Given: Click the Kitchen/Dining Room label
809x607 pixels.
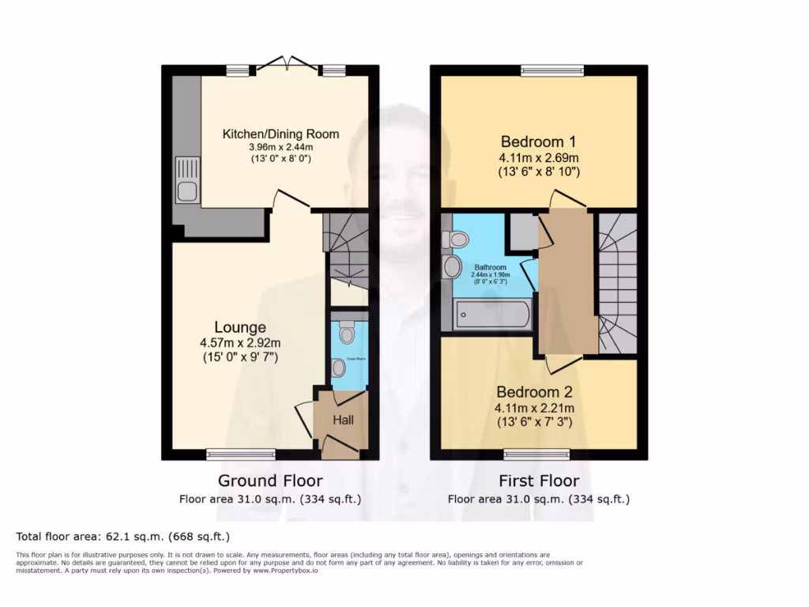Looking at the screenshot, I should coord(280,134).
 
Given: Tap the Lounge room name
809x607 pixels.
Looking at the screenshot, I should coord(240,327).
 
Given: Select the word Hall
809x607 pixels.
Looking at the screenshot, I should coord(342,420).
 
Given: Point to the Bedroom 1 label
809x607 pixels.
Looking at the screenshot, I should coord(538,141).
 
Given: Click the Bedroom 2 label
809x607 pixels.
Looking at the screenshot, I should coord(534,392).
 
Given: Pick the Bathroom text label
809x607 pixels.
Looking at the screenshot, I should coord(491,267).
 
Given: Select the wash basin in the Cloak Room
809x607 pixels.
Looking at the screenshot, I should coord(339,368).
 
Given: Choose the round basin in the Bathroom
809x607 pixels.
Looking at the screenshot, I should coord(453,267).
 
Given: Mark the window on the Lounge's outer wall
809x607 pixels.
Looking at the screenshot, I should coord(241,454).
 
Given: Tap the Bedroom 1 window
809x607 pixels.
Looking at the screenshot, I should coord(553,71).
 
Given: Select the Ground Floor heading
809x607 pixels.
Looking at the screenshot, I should coord(270,481).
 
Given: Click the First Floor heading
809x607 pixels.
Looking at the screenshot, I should coord(539,481).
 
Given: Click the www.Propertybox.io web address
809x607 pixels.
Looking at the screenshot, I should coord(285,570).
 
